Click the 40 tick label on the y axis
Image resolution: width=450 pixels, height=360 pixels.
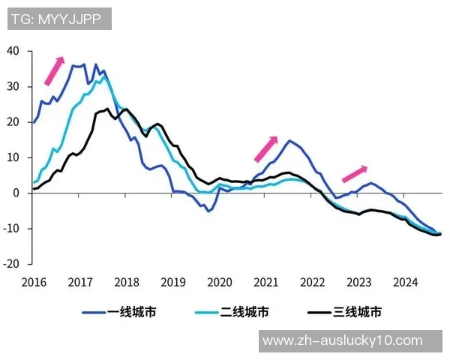coord(13,51)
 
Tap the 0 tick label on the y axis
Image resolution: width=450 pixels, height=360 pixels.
coord(16,193)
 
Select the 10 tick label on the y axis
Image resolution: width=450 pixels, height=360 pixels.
coord(13,157)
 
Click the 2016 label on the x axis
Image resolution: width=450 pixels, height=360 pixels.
coord(34,283)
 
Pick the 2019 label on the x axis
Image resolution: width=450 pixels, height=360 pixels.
coord(173,283)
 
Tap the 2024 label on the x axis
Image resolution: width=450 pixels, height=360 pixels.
coord(406,283)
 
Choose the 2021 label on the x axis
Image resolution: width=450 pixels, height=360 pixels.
coord(266,283)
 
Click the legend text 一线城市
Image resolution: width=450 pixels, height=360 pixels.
coord(132,312)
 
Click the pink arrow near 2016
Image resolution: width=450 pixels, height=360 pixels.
coord(54,70)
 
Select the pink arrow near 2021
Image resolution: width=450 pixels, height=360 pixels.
coord(266,149)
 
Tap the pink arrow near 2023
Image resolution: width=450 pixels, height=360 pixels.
coord(355,174)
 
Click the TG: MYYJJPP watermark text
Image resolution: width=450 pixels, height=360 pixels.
coord(59,19)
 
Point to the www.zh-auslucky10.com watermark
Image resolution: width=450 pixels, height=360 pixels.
coord(343,340)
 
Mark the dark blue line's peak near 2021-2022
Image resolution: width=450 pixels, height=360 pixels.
coord(289,140)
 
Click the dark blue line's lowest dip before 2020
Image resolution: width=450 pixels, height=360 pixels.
coord(208,211)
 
